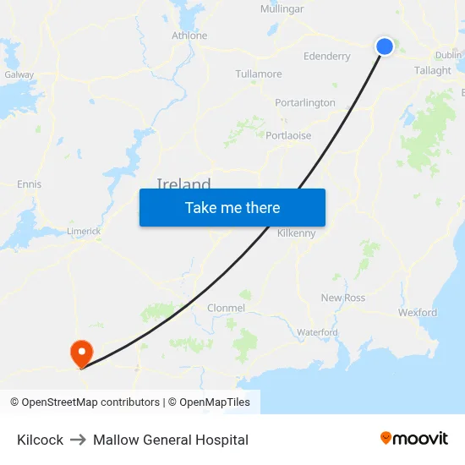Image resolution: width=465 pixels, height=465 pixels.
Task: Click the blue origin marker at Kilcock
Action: (385, 46)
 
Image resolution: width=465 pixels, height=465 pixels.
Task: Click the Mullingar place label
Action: (282, 9)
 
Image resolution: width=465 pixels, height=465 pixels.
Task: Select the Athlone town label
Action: (189, 36)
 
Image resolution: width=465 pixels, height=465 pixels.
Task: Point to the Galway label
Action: (19, 74)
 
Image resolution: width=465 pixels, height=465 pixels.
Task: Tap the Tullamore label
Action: (259, 74)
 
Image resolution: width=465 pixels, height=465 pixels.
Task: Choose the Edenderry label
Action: (326, 57)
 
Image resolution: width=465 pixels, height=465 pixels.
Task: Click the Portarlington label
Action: (305, 103)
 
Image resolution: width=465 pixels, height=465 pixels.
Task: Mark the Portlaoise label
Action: (288, 135)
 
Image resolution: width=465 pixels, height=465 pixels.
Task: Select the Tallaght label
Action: (433, 71)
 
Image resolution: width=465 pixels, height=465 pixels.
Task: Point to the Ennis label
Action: (29, 184)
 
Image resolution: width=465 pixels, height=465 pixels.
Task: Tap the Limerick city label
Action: (84, 231)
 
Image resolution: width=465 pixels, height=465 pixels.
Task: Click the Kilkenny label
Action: (296, 233)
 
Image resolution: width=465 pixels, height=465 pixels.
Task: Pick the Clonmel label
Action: (226, 309)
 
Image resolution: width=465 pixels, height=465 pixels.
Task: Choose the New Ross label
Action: (343, 298)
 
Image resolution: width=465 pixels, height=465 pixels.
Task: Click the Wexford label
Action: (418, 313)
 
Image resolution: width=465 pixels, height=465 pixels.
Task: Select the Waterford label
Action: (317, 332)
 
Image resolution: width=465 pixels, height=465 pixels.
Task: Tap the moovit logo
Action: (414, 439)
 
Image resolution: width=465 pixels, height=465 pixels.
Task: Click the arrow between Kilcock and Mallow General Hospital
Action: (78, 440)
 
